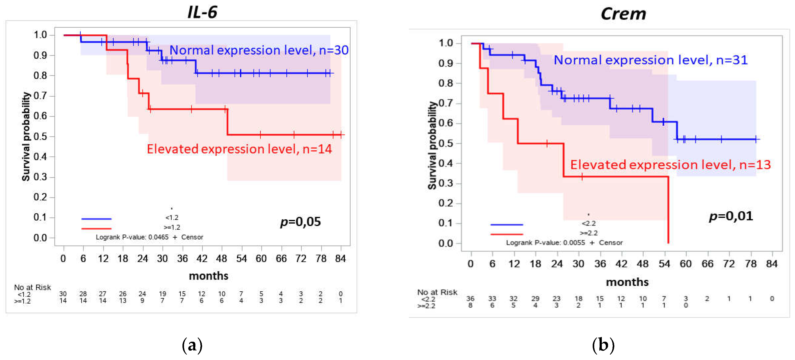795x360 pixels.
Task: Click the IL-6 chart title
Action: click(x=203, y=12)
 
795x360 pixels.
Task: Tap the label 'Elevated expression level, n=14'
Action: click(x=239, y=149)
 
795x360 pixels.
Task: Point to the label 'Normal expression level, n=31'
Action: click(x=651, y=60)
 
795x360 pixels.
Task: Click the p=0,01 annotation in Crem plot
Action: click(x=731, y=216)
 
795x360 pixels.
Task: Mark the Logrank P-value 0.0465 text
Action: click(x=132, y=237)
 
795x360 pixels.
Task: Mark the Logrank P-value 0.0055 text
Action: click(x=545, y=243)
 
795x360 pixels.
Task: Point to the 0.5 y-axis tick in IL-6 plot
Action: click(x=40, y=136)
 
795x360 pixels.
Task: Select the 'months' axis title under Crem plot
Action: click(x=627, y=282)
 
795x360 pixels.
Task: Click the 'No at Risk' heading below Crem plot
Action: click(x=437, y=292)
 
